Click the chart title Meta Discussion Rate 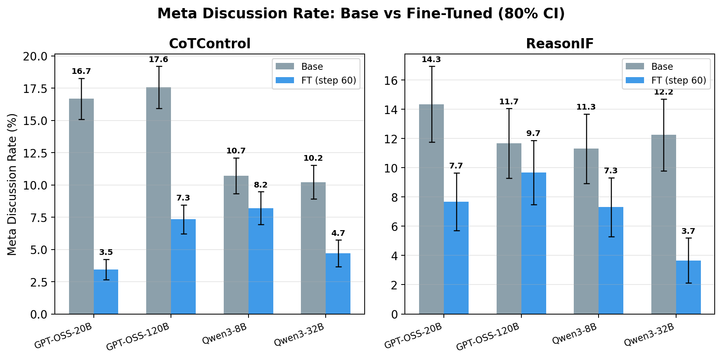pos(361,14)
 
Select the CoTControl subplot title pos(210,44)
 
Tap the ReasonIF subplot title pos(560,44)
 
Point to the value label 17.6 pos(158,60)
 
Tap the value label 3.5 pos(106,252)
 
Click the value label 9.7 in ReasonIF pos(534,134)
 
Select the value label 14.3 pos(431,60)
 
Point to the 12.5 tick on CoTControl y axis pos(37,153)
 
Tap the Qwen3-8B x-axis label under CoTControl pos(225,334)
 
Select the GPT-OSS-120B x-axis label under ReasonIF pos(488,336)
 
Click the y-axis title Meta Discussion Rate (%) pos(12,184)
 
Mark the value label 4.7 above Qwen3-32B pos(338,233)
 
